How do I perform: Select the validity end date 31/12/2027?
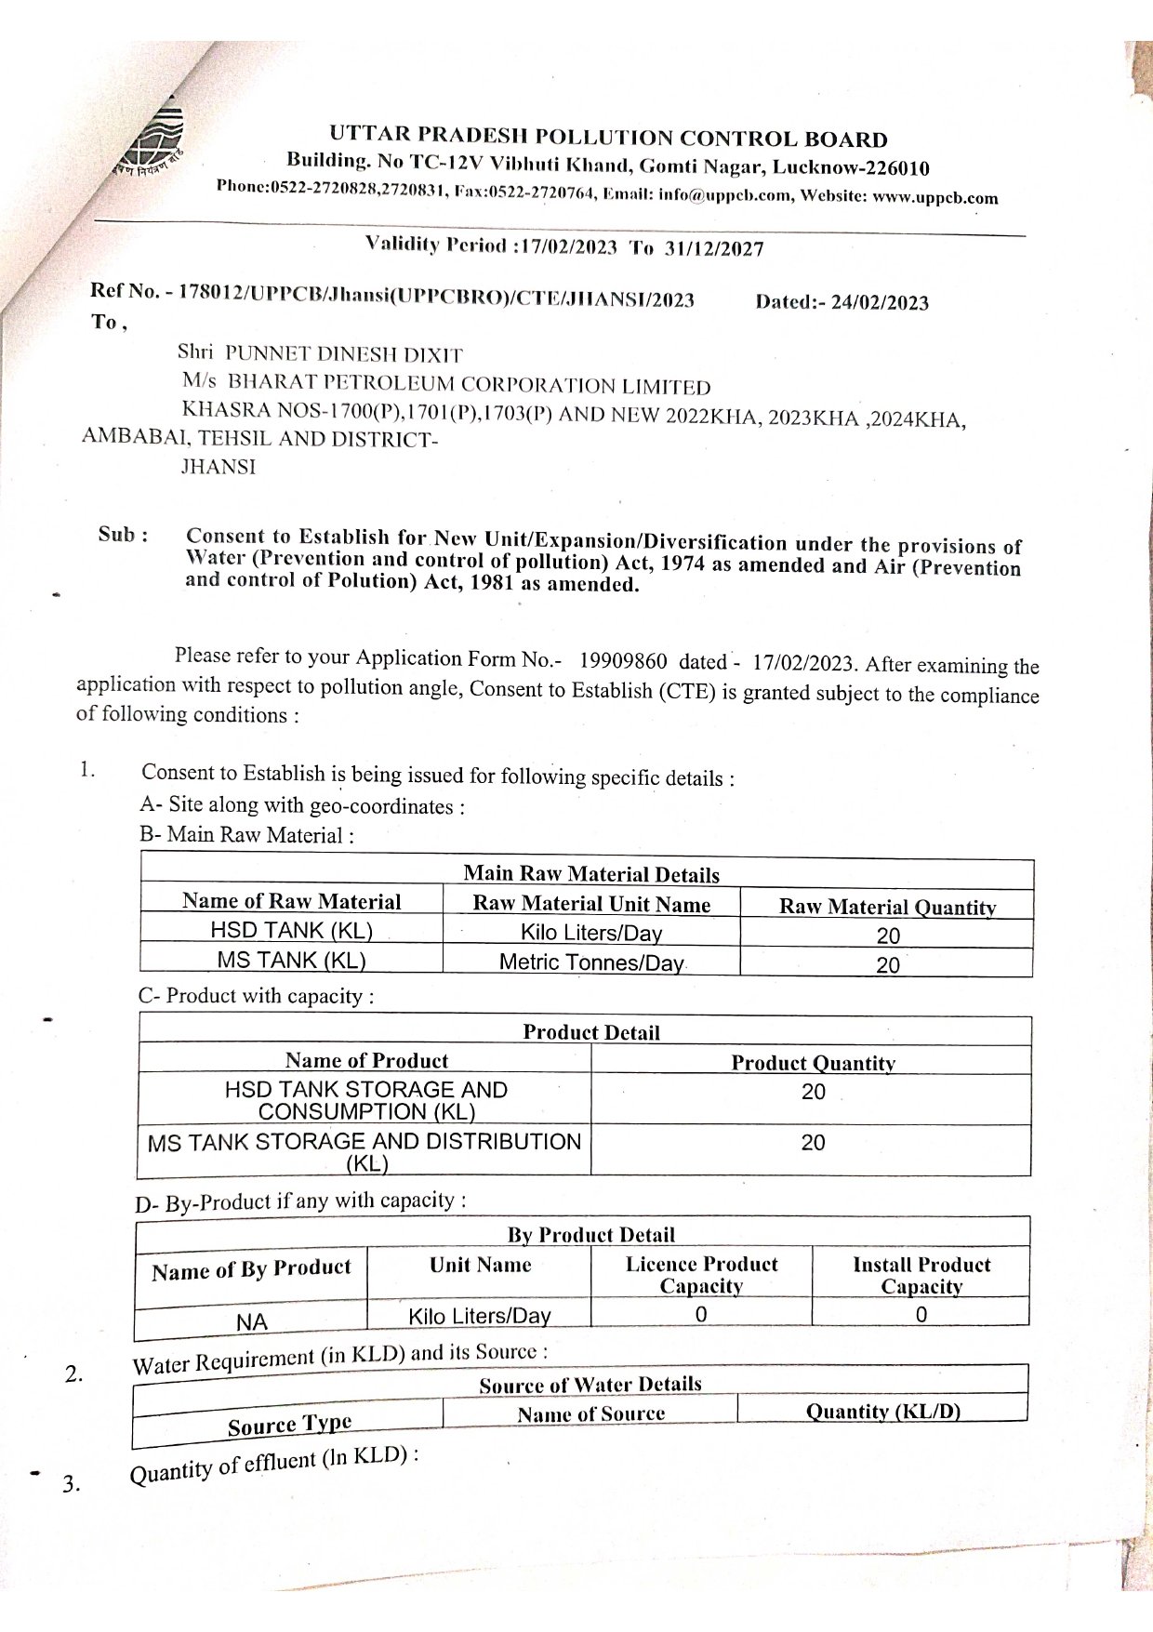714,248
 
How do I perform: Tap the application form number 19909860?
623,661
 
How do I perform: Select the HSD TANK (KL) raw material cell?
291,931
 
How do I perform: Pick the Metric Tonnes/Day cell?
591,962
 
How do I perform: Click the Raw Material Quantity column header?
887,907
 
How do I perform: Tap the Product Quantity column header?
813,1063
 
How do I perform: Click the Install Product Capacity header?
921,1275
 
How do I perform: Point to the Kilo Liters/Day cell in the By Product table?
480,1316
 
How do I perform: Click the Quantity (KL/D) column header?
882,1411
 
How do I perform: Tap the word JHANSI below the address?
218,468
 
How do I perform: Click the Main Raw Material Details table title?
591,874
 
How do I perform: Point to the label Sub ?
124,535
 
